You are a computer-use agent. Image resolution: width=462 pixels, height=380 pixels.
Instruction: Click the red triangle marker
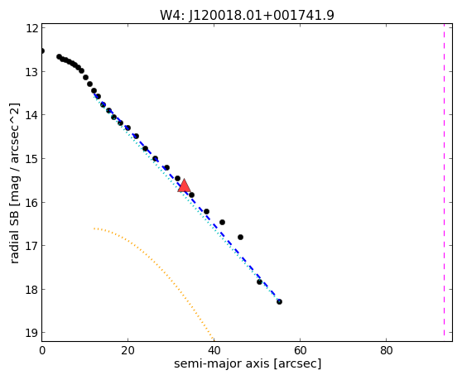184,185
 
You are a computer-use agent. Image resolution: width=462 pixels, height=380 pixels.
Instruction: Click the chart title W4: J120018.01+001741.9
247,15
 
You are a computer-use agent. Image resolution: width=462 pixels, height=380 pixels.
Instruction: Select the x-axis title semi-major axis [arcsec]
248,363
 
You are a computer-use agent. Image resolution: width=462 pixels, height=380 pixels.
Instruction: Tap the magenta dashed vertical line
444,180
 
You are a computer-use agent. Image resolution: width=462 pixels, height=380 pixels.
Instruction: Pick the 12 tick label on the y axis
31,28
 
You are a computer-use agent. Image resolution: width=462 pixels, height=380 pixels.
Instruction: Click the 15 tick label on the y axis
31,158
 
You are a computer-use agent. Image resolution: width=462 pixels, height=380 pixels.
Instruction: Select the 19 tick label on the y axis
31,333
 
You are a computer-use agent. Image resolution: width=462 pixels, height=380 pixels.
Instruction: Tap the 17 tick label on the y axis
31,245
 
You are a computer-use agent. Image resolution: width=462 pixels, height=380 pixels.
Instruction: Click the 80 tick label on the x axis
386,350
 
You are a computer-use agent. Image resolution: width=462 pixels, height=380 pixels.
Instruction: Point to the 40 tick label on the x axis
214,350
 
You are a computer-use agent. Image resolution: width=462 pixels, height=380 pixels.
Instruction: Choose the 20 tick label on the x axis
128,350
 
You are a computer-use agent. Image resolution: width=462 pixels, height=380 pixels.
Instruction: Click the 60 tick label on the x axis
300,350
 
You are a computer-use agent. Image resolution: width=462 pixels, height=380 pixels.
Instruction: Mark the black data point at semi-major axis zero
42,51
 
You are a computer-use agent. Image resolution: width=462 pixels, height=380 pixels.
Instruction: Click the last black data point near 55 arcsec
279,301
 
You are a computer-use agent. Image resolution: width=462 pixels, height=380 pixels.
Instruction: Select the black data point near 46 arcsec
240,237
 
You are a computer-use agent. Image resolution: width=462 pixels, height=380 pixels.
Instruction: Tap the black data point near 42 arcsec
223,222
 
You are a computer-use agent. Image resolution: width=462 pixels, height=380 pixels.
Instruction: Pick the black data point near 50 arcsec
259,282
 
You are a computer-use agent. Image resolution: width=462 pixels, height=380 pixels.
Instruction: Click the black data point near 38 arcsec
206,211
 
